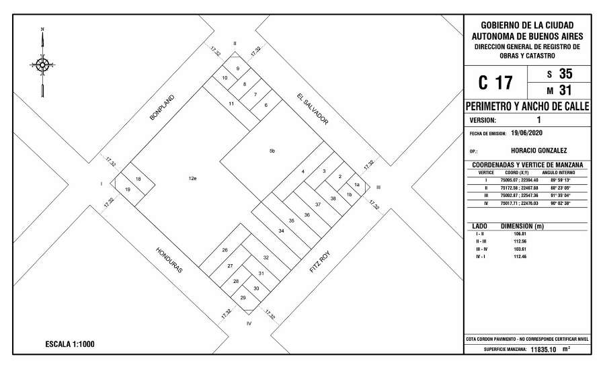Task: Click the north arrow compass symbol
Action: click(42, 65)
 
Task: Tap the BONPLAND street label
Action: click(162, 108)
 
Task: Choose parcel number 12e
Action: click(192, 178)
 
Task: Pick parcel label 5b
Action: click(272, 151)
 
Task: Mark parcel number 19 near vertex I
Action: click(127, 190)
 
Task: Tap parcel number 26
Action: click(225, 250)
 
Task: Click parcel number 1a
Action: click(358, 184)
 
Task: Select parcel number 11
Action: click(231, 104)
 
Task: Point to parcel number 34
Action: click(281, 231)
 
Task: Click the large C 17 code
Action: click(495, 83)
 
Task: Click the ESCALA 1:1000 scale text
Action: click(69, 344)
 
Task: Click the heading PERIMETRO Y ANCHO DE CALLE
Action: click(528, 107)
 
